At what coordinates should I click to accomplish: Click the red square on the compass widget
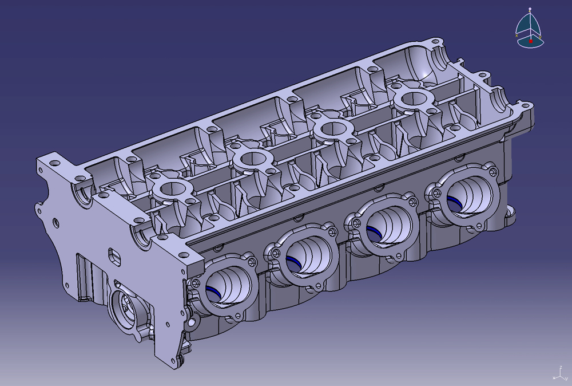click(x=531, y=41)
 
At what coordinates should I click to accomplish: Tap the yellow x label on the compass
click(x=517, y=36)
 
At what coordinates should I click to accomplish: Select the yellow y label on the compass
click(x=541, y=36)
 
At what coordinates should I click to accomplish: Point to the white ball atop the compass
click(x=530, y=9)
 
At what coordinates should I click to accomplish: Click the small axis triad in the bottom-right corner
click(x=557, y=373)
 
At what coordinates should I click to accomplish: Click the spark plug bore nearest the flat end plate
click(x=172, y=188)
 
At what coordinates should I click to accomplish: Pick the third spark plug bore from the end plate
click(x=331, y=129)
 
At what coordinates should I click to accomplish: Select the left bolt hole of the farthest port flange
click(x=437, y=191)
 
